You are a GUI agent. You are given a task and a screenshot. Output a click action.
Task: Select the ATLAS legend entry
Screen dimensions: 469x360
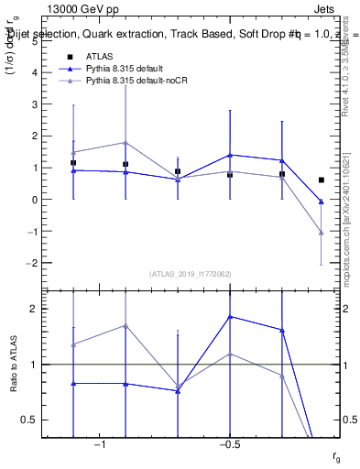(103, 57)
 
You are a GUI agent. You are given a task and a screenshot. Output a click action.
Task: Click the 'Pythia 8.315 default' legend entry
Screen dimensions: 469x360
(129, 69)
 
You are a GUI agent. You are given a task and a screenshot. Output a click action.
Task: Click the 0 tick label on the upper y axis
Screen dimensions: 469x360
(40, 200)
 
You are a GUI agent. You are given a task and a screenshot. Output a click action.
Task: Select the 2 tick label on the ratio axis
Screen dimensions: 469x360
(40, 309)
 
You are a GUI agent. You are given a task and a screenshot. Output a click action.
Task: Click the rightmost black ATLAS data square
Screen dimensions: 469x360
(322, 180)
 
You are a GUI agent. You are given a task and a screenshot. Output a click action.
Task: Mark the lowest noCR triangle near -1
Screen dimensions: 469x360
(322, 233)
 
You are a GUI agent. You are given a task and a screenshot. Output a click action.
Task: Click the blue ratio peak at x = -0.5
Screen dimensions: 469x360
(230, 317)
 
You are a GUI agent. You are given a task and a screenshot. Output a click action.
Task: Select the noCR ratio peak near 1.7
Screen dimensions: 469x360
(125, 325)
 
